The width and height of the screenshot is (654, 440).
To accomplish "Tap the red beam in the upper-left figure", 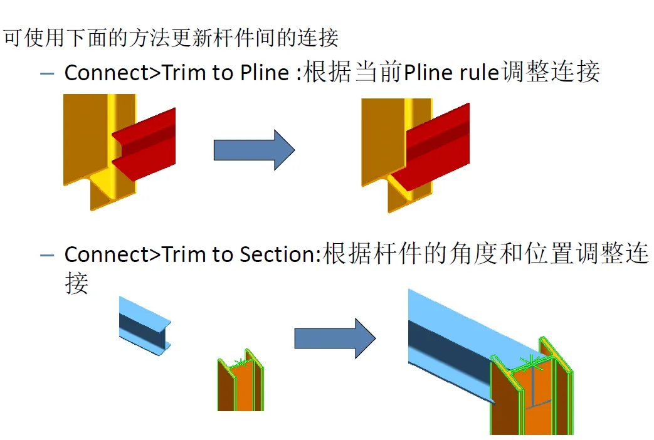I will tap(147, 144).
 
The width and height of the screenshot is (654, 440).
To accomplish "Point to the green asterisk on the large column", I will tap(531, 362).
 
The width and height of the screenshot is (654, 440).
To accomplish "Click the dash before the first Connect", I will tap(47, 74).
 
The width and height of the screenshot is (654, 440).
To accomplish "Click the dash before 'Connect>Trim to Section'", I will tap(47, 256).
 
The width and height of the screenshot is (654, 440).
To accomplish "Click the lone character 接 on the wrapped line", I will tap(76, 284).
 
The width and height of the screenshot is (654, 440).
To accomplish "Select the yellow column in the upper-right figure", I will tap(382, 138).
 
